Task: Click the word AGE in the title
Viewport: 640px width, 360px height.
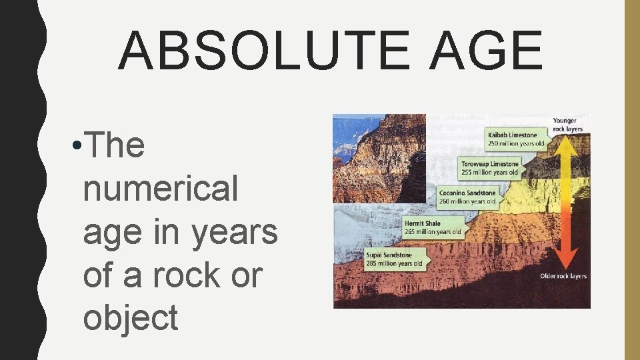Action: tap(485, 51)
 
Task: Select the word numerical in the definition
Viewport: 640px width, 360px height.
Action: tap(160, 188)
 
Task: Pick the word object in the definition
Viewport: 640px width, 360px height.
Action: tap(130, 317)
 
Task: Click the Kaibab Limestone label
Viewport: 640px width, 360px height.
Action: tap(512, 135)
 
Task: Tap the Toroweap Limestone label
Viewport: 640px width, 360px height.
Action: tap(490, 164)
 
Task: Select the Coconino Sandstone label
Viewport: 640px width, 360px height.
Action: tap(467, 193)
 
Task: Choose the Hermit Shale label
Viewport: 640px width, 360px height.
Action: tap(423, 223)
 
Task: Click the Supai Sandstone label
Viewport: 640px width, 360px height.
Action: tap(389, 255)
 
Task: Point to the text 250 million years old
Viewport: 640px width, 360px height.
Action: tap(517, 143)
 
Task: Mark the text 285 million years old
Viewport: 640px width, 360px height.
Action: tap(394, 263)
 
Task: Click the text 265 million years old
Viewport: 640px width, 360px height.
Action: tap(433, 232)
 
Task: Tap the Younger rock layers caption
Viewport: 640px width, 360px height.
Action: tap(567, 125)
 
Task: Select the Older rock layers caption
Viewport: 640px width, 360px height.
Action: tap(563, 276)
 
